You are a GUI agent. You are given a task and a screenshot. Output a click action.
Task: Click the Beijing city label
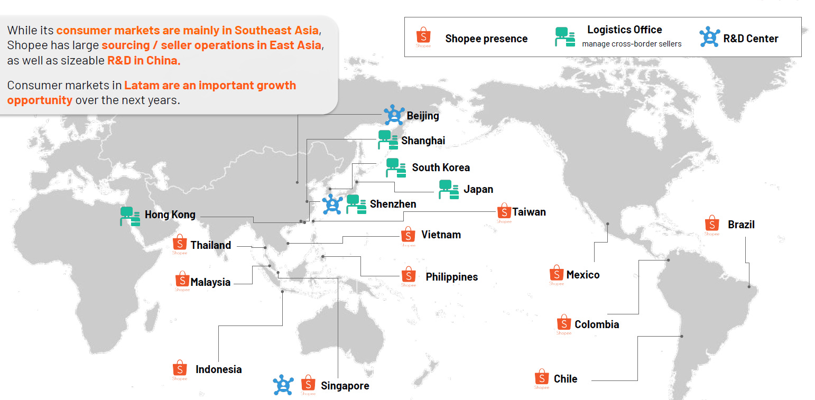click(422, 116)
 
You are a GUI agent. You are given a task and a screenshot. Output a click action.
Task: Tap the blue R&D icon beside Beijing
click(394, 115)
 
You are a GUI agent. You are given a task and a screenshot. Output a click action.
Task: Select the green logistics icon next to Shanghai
click(388, 141)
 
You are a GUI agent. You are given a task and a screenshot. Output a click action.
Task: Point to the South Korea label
click(440, 168)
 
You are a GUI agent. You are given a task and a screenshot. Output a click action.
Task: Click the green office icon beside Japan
click(448, 189)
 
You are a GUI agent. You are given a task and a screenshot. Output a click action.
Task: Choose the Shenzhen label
click(393, 204)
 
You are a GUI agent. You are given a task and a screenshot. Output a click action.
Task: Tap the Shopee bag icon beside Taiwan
click(504, 212)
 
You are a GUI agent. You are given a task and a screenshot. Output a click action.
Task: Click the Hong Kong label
click(170, 215)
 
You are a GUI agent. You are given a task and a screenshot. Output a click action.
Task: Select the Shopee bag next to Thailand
click(180, 244)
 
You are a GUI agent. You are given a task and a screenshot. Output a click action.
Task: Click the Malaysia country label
click(210, 282)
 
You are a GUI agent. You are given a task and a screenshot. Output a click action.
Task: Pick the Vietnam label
click(441, 235)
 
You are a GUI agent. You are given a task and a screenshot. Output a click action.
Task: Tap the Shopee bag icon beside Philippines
click(408, 275)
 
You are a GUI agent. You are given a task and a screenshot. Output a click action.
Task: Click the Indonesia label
click(218, 369)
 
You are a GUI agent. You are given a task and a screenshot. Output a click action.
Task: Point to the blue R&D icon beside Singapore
click(283, 385)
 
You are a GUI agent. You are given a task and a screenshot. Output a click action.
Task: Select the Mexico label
click(582, 275)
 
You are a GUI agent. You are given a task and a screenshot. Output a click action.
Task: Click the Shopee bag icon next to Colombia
click(563, 323)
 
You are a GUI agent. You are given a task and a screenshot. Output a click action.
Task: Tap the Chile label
click(565, 379)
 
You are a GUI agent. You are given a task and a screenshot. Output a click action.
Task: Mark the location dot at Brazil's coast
click(749, 286)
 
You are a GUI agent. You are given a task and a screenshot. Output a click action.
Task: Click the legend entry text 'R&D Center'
click(751, 39)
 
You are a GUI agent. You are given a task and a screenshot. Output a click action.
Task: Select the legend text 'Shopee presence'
click(486, 39)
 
